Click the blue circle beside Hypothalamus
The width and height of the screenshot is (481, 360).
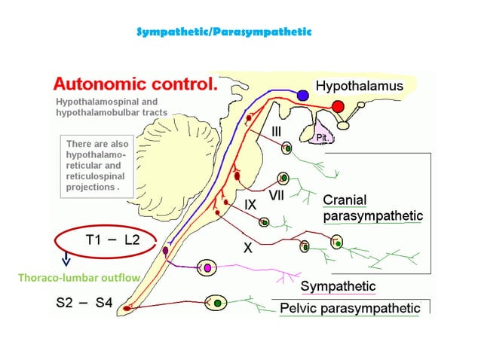point(302,96)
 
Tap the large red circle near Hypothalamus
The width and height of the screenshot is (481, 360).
point(339,105)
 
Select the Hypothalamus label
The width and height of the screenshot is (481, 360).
point(358,87)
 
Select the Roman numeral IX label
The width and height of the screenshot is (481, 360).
point(252,203)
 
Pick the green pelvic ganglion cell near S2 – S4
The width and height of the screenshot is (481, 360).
point(217,302)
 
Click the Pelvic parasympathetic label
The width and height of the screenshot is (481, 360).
point(350,308)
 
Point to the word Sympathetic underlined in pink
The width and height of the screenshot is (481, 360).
point(338,287)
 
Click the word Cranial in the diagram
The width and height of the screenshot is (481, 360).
point(345,200)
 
